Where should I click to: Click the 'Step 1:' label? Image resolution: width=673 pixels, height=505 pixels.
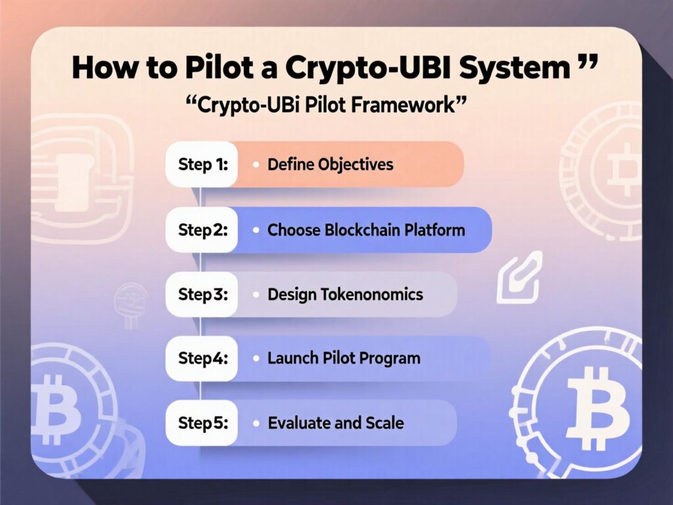[202, 164]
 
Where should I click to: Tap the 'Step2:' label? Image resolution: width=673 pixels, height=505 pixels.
[202, 230]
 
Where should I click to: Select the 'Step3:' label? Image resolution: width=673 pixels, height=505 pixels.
[202, 294]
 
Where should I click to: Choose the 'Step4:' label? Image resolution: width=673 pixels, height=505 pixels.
[202, 358]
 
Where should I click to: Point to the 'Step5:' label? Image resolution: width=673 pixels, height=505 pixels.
[202, 423]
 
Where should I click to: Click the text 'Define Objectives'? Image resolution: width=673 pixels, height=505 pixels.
[330, 164]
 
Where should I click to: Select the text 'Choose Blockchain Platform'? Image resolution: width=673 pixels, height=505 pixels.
[366, 230]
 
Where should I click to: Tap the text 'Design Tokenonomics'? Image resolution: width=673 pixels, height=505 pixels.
[345, 294]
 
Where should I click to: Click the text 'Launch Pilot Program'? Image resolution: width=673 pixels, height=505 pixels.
[344, 358]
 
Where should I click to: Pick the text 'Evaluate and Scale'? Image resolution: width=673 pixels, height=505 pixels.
[336, 423]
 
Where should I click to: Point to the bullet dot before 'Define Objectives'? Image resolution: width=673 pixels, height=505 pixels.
[254, 164]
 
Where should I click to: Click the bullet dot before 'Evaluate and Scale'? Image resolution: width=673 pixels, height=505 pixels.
[254, 423]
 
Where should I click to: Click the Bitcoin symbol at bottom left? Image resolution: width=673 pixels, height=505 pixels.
[56, 401]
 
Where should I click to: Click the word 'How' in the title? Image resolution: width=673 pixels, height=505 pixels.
[103, 67]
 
